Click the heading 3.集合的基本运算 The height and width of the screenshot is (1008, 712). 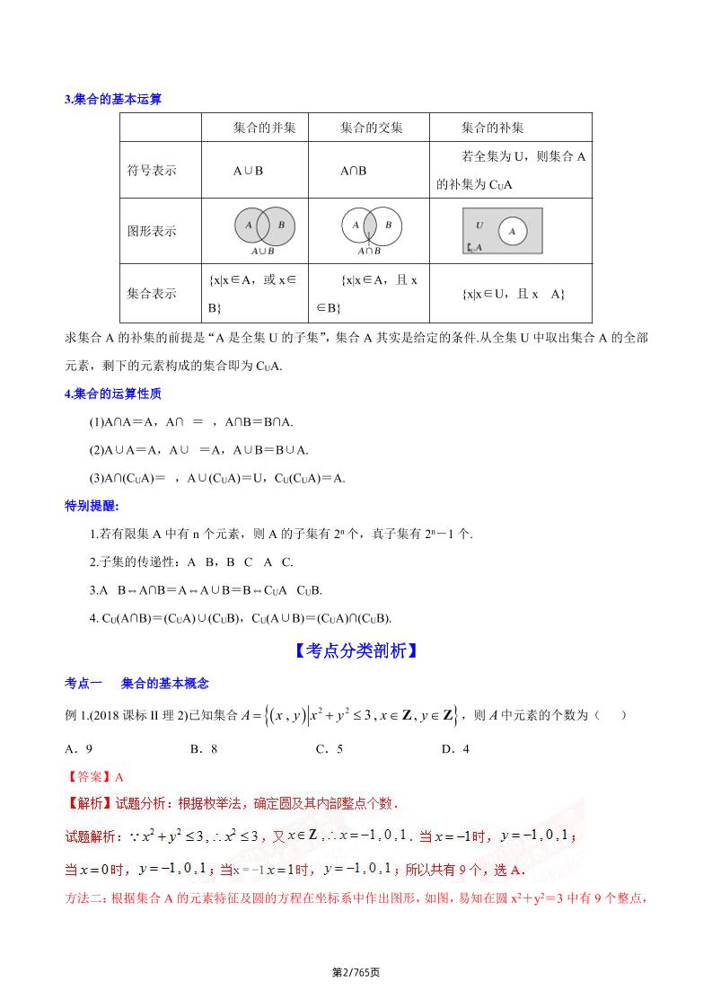point(113,100)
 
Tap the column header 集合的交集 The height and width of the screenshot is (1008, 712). point(372,128)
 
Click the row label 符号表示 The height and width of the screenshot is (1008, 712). point(152,171)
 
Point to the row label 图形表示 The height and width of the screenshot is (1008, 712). point(152,231)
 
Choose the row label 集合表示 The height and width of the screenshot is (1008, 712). point(152,293)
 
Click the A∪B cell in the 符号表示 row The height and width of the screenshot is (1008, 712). point(248,171)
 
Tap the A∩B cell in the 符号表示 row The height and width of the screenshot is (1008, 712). point(353,171)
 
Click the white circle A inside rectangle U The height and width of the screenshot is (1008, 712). point(512,231)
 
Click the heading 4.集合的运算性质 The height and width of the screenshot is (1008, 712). point(113,393)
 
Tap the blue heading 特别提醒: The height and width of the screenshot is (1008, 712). point(92,506)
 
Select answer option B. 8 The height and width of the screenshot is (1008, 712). point(204,748)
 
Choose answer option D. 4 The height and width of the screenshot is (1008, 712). point(455,748)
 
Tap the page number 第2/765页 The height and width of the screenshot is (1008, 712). point(356,972)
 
